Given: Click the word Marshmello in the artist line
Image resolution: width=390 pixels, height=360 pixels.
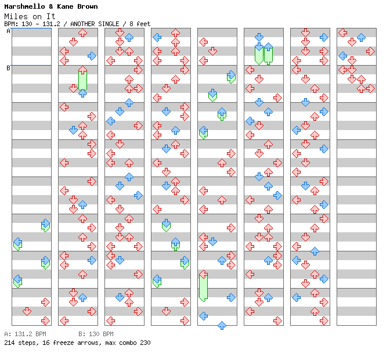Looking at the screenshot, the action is tap(24, 6).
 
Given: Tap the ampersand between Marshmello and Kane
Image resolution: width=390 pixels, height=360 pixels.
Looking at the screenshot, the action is tap(51, 6).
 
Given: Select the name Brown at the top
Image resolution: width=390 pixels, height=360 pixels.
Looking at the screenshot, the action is tap(87, 6).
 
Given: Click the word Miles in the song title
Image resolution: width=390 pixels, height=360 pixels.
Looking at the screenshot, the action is tap(16, 16).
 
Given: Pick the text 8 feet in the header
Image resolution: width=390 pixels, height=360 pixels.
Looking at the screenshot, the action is tap(140, 24).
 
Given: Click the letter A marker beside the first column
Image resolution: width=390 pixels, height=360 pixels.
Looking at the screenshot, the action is tap(9, 31).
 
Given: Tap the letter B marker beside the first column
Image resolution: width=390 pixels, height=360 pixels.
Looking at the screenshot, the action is tap(9, 68).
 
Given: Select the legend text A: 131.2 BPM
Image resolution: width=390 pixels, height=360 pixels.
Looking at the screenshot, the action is tap(25, 334).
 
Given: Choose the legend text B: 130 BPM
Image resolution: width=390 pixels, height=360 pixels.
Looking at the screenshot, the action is tap(96, 334).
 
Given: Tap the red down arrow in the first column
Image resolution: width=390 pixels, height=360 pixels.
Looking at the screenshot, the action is tap(27, 311).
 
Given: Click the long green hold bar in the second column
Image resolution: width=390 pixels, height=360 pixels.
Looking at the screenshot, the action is tap(82, 80).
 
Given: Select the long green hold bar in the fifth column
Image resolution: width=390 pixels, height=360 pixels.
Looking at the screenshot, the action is tap(204, 287).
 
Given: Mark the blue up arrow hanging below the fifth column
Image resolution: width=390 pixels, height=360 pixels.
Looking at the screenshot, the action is tap(222, 325).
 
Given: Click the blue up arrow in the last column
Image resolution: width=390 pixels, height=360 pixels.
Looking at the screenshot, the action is tap(361, 37).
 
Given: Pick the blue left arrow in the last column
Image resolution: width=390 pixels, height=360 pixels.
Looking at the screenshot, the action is tap(343, 56).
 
